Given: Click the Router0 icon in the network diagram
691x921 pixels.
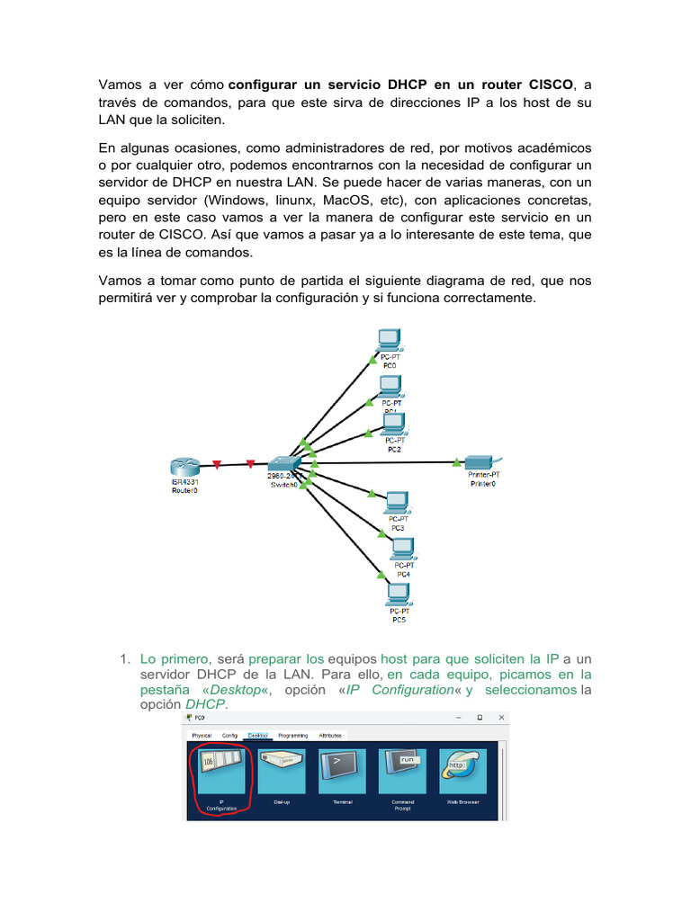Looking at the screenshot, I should [x=184, y=468].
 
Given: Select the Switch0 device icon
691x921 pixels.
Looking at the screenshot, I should [x=285, y=463].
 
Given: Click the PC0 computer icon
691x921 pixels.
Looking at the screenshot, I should [x=390, y=341].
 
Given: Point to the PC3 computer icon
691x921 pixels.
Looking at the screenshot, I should [x=397, y=502].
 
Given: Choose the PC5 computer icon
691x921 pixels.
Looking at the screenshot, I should [x=399, y=595].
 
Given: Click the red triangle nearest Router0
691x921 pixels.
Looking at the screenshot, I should [x=217, y=465].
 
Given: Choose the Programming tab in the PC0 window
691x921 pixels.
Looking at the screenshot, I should [x=292, y=735].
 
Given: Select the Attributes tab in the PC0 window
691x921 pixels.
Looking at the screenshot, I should [x=330, y=735].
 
